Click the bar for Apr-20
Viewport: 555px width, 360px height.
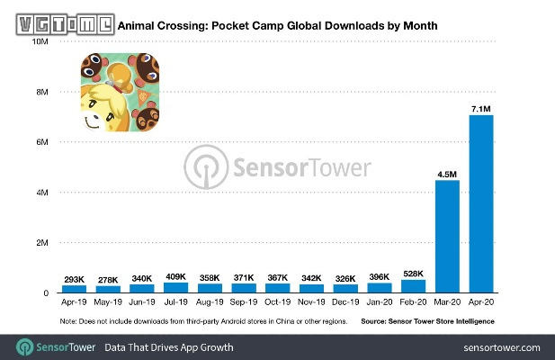(481, 203)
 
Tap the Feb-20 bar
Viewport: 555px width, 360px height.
(413, 286)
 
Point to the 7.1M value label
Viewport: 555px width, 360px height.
(481, 109)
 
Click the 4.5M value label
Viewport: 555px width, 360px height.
(447, 174)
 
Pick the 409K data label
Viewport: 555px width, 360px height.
(175, 276)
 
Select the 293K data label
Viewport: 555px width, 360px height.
(74, 279)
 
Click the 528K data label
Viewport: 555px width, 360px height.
(413, 274)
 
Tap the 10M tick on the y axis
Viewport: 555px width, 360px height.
(40, 41)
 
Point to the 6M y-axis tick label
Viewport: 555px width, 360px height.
(41, 142)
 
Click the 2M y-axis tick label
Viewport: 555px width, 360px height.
(41, 243)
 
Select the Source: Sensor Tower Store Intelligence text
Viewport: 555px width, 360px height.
(428, 321)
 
